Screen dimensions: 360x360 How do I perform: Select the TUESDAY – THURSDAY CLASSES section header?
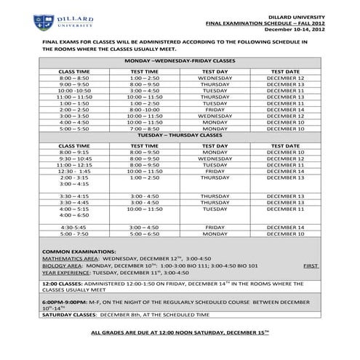[x=180, y=135]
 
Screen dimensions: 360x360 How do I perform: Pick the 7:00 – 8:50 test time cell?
[x=145, y=129]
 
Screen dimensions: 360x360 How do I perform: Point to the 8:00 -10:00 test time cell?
[x=145, y=110]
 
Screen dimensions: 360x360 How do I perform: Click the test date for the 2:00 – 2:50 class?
[x=285, y=110]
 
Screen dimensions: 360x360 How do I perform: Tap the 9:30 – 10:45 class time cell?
[x=74, y=158]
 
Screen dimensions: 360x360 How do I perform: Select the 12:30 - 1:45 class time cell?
[x=74, y=171]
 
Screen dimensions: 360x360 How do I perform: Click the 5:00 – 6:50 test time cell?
[x=145, y=234]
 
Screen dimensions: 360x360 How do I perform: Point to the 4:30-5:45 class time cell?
[x=74, y=228]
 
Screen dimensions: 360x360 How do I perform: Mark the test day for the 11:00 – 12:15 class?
[x=215, y=164]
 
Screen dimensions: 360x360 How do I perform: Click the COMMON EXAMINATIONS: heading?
[x=76, y=251]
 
